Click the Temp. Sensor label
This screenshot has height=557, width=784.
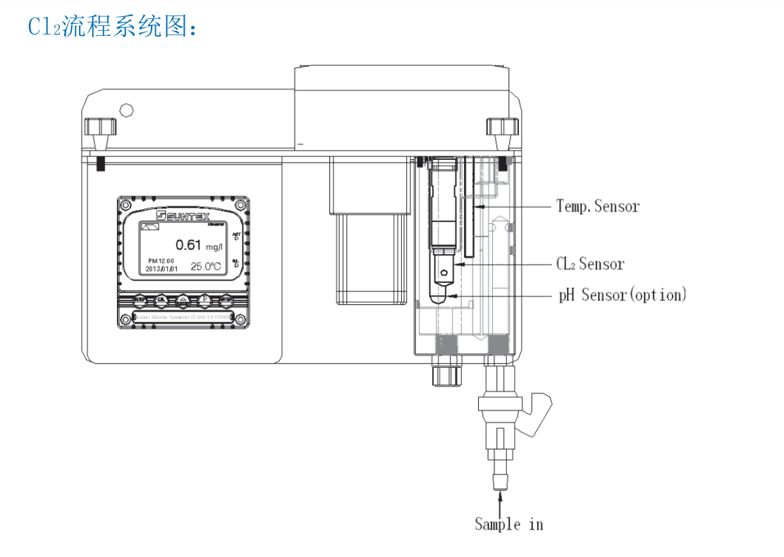coord(598,206)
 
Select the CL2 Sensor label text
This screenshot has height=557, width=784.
coord(590,264)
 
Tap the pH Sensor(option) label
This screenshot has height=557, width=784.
coord(623,294)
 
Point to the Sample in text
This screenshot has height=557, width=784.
coord(508,524)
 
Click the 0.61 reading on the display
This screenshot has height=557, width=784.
coord(188,244)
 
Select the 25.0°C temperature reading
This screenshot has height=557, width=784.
coord(206,267)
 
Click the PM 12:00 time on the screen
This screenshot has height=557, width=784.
coord(161,261)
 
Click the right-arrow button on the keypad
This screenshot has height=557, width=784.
coord(204,299)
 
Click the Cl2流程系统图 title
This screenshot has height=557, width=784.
coord(114,26)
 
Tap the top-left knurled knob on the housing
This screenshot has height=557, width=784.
coord(100,127)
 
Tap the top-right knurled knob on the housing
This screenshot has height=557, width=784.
coord(502,127)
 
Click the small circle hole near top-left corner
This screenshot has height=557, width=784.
coord(127,110)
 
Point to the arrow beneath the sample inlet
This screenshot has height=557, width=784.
coord(501,503)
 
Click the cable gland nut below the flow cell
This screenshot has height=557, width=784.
coord(446,374)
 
